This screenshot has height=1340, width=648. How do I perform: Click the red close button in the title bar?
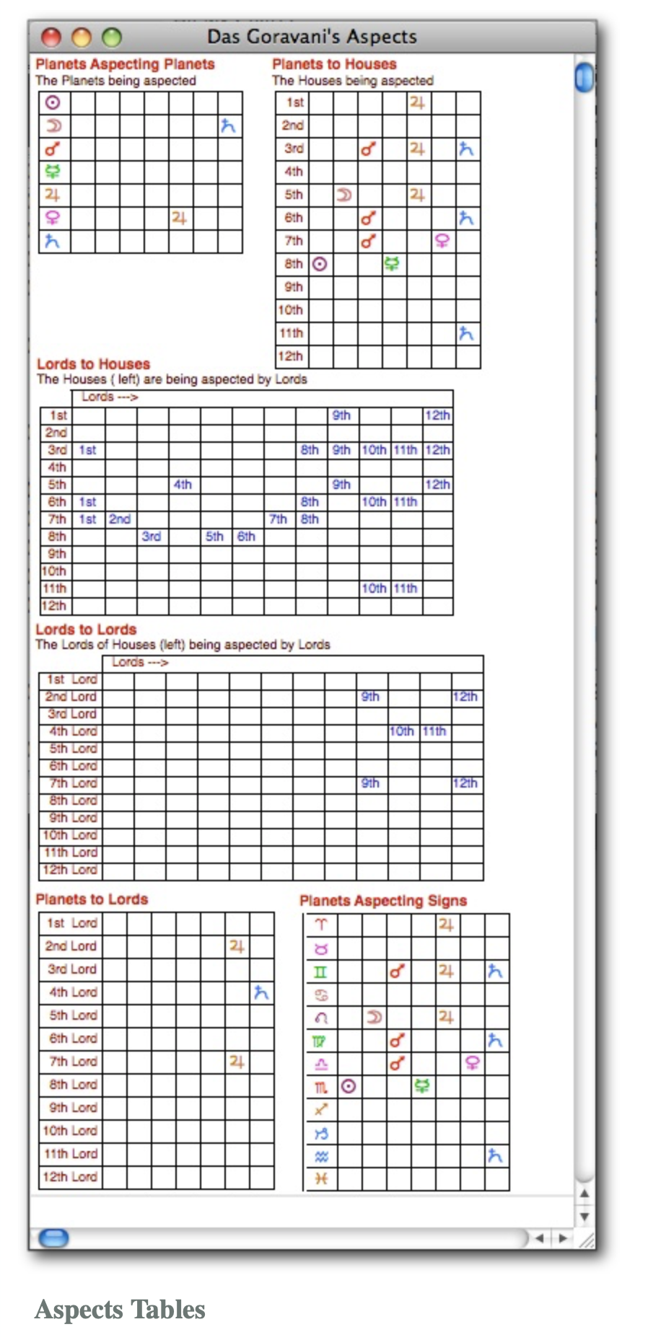click(x=51, y=37)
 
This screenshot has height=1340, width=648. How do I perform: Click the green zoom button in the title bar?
click(x=112, y=37)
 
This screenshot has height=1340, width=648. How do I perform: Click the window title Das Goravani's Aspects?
click(x=312, y=37)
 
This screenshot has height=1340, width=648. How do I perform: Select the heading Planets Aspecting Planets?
click(x=125, y=64)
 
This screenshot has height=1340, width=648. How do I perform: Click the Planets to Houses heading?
click(x=334, y=64)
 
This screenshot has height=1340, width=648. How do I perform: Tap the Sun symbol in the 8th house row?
click(x=320, y=264)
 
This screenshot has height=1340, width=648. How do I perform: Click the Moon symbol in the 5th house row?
click(x=344, y=195)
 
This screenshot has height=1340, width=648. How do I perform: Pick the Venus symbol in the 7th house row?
click(x=442, y=241)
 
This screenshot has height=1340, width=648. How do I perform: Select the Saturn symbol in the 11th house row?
click(x=466, y=333)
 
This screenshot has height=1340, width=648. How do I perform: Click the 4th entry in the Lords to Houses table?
click(x=183, y=485)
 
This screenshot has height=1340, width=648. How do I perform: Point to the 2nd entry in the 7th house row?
click(x=120, y=519)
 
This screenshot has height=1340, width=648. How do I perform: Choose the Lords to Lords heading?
click(x=86, y=630)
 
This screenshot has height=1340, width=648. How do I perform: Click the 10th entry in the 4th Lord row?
click(x=401, y=731)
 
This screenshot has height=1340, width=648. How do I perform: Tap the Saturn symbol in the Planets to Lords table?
click(x=261, y=993)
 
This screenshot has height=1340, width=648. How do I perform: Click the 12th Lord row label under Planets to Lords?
click(x=70, y=1176)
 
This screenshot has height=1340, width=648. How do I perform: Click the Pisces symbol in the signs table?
click(x=321, y=1178)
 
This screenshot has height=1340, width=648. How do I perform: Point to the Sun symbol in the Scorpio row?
click(x=349, y=1086)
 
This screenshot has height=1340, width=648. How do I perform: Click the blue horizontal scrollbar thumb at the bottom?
click(x=53, y=1238)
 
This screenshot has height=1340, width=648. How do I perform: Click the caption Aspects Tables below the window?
click(x=121, y=1309)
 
